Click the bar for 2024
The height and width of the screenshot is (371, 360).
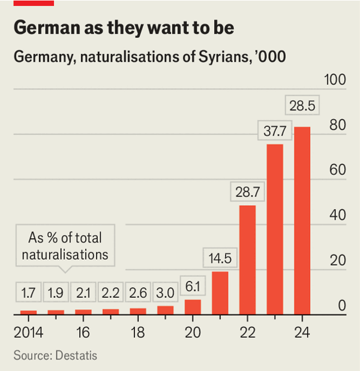coord(302,220)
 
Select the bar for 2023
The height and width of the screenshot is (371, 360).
coord(274,229)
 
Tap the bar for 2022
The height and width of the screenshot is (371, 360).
coord(247,259)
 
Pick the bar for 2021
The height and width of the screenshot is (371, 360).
coord(220,292)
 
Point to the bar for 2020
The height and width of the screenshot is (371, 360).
coord(193,306)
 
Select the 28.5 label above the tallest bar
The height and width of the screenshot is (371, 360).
coord(302,106)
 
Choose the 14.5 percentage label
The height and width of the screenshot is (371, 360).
coord(220,258)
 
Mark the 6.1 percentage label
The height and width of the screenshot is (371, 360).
coord(193,287)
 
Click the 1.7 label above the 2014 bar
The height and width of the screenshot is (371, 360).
coord(28,294)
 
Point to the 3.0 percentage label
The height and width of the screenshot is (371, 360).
coord(166,294)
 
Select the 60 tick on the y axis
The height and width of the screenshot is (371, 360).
coord(338,170)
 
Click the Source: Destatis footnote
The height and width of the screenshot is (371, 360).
coord(55,355)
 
